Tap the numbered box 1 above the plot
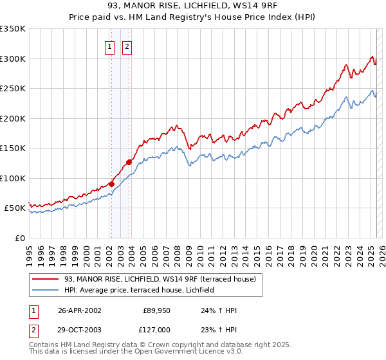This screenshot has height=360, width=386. pos(111,47)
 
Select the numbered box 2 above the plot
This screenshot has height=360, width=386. pos(127,47)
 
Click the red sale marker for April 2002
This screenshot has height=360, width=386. pos(111,184)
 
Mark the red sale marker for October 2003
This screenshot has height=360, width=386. pos(129,162)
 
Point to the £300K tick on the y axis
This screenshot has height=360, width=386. pos(14,59)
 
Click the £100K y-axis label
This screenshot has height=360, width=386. pos(14,178)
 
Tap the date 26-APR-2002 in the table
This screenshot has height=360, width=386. pos(80,310)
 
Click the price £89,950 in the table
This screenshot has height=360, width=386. pos(156,310)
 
